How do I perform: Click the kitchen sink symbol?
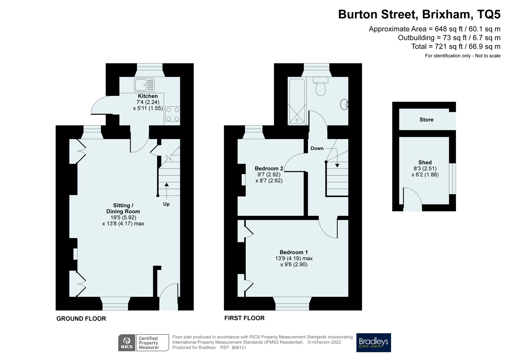[144, 85]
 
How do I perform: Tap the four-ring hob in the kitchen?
[172, 114]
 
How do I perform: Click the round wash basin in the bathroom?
[344, 105]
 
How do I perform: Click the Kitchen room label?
[148, 96]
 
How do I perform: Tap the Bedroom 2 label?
[269, 168]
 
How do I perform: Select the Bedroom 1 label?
[293, 252]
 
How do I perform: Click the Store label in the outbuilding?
[426, 120]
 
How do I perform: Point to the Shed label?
[425, 162]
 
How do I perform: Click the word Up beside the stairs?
[166, 204]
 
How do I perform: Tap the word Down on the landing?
[317, 148]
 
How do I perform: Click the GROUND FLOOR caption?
[81, 319]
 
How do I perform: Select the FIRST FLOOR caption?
[244, 318]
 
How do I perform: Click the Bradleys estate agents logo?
[373, 342]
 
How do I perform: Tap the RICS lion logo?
[127, 343]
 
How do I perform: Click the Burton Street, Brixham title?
[419, 14]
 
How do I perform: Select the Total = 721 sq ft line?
[455, 47]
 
